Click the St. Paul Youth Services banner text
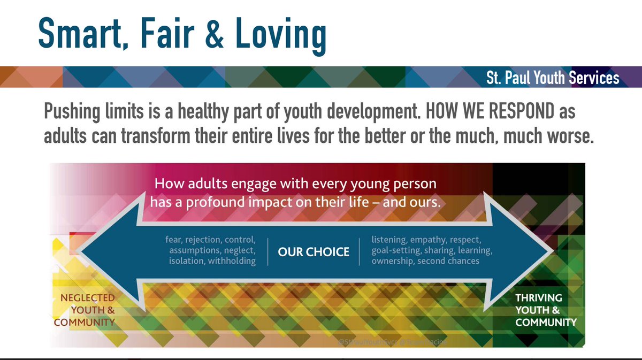(x=553, y=78)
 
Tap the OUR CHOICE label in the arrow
(x=313, y=251)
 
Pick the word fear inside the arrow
(x=175, y=240)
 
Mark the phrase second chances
(x=448, y=261)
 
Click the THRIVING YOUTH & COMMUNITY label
(x=545, y=310)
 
